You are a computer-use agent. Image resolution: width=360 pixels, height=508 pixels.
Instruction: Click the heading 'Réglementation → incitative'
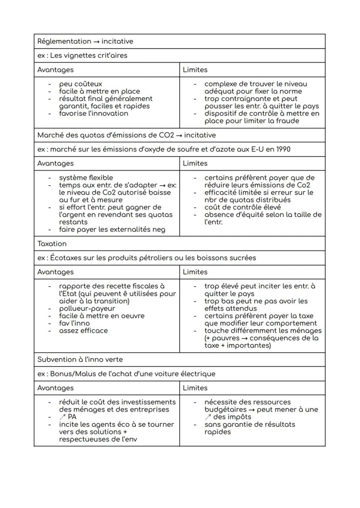(x=85, y=42)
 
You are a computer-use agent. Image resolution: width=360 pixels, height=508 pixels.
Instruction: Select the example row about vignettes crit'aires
(x=82, y=56)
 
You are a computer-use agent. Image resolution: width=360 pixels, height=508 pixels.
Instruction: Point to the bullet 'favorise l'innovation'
(x=93, y=113)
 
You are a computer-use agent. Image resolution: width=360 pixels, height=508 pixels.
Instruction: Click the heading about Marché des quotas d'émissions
(x=126, y=135)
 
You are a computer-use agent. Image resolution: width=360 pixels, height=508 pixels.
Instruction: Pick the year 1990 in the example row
(x=282, y=149)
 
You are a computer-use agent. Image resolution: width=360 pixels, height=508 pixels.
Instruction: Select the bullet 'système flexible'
(x=86, y=178)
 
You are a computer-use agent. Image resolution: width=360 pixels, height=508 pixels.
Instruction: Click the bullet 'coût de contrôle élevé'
(x=242, y=207)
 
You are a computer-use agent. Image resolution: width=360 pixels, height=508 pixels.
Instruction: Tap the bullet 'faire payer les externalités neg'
(x=112, y=229)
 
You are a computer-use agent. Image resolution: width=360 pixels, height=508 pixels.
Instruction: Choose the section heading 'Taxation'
(x=52, y=244)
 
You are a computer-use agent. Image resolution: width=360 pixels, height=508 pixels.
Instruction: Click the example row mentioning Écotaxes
(x=147, y=258)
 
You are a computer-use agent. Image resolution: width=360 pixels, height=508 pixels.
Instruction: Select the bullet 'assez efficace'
(x=83, y=331)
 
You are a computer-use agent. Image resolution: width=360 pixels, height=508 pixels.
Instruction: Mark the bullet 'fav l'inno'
(x=74, y=323)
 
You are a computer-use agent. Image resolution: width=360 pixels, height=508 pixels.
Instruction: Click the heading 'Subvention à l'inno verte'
(x=80, y=360)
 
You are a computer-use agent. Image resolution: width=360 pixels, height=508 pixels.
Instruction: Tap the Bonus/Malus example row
(x=126, y=374)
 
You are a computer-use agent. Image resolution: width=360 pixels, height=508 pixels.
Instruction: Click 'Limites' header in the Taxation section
(x=195, y=272)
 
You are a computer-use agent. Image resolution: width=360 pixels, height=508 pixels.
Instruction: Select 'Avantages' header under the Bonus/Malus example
(x=55, y=388)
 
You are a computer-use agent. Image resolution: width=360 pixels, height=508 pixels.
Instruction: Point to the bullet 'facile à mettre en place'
(x=100, y=91)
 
